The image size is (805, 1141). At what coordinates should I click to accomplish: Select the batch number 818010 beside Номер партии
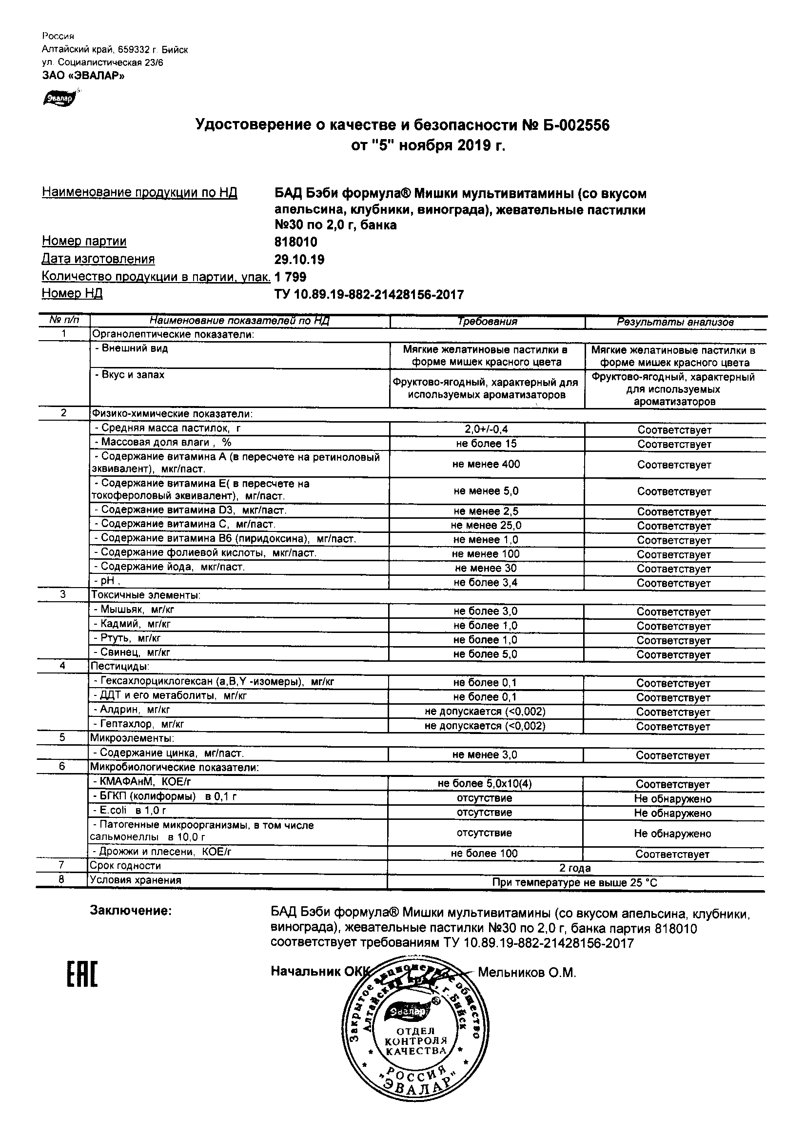tap(296, 242)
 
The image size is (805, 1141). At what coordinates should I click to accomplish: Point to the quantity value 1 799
tap(291, 277)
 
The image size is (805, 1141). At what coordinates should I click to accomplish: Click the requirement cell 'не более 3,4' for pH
tap(486, 582)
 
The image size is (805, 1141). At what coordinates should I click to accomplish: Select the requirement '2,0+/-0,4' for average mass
tap(486, 429)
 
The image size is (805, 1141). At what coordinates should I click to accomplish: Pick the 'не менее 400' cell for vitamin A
tap(486, 464)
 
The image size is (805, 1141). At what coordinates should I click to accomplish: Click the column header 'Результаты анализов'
tap(675, 322)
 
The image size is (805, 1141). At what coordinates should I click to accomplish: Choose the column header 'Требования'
tap(487, 322)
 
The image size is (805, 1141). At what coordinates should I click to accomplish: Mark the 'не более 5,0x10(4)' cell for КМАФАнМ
tap(484, 784)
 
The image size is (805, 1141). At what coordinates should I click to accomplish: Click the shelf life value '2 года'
tap(574, 868)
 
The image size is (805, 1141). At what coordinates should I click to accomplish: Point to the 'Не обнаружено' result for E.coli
tap(672, 814)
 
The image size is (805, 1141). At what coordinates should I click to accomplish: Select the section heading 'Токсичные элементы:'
tap(145, 595)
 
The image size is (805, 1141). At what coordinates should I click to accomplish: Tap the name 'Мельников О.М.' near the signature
tap(527, 973)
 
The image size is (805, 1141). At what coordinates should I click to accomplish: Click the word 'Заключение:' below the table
tap(131, 911)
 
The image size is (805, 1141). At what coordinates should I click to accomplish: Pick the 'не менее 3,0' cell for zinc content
tap(484, 755)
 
